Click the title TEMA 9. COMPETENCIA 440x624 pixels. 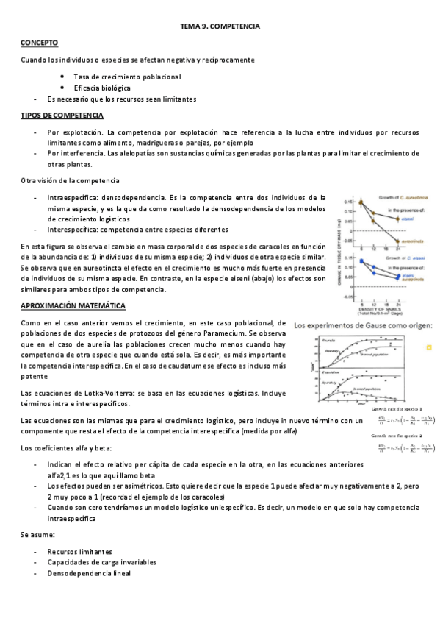pyautogui.click(x=220, y=26)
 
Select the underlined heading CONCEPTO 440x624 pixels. pyautogui.click(x=39, y=43)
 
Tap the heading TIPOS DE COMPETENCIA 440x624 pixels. pyautogui.click(x=62, y=116)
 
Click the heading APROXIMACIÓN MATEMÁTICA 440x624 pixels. pyautogui.click(x=73, y=305)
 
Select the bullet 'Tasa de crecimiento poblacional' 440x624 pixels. pyautogui.click(x=127, y=77)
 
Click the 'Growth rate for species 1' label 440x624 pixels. pyautogui.click(x=402, y=409)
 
